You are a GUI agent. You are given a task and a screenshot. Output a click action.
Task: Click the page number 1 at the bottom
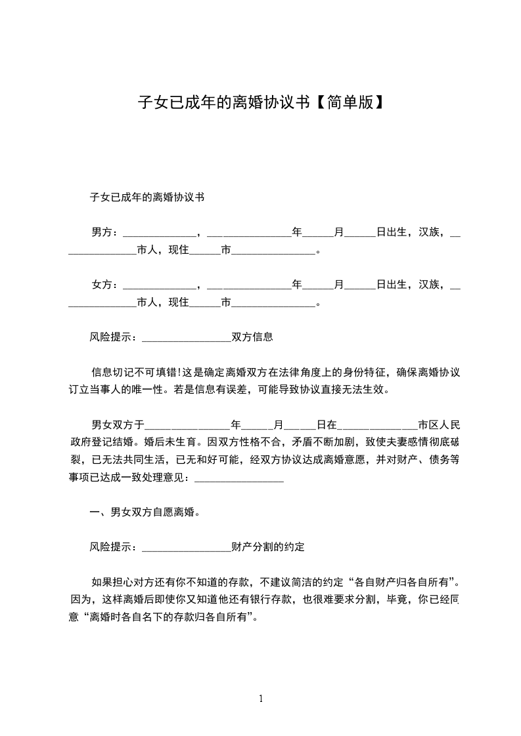pyautogui.click(x=261, y=698)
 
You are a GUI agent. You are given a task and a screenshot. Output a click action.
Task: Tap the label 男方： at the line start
pyautogui.click(x=105, y=232)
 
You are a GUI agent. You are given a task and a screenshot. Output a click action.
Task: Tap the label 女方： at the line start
pyautogui.click(x=105, y=285)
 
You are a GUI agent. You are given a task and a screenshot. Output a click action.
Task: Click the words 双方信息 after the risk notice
pyautogui.click(x=252, y=338)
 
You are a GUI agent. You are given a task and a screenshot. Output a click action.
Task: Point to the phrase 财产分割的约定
pyautogui.click(x=268, y=546)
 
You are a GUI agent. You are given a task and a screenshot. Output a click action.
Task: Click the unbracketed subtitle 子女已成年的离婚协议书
pyautogui.click(x=147, y=197)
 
